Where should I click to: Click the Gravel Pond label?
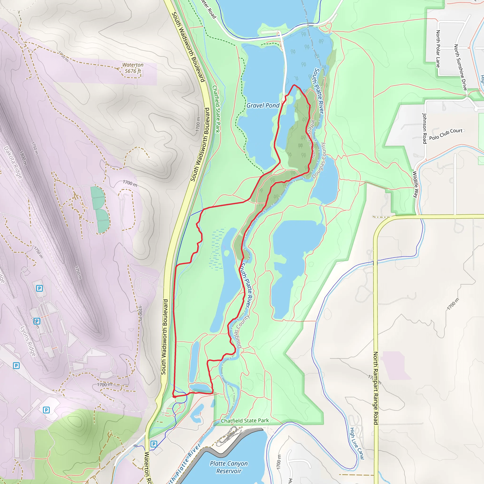click(263, 105)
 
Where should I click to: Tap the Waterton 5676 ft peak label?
click(133, 68)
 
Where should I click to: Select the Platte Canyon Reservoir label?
click(229, 467)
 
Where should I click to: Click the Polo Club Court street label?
click(446, 134)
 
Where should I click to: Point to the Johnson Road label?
click(424, 129)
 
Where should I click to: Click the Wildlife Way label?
click(415, 184)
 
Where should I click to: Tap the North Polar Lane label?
click(438, 49)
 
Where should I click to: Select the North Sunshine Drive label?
click(460, 67)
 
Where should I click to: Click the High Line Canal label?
click(357, 443)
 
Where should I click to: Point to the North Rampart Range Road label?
click(376, 388)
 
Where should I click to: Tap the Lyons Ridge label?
click(28, 341)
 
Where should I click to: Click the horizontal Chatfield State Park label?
click(245, 421)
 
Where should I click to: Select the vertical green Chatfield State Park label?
click(216, 109)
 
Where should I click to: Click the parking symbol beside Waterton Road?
click(154, 444)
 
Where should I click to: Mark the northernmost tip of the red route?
click(294, 85)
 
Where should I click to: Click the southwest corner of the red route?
click(174, 397)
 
